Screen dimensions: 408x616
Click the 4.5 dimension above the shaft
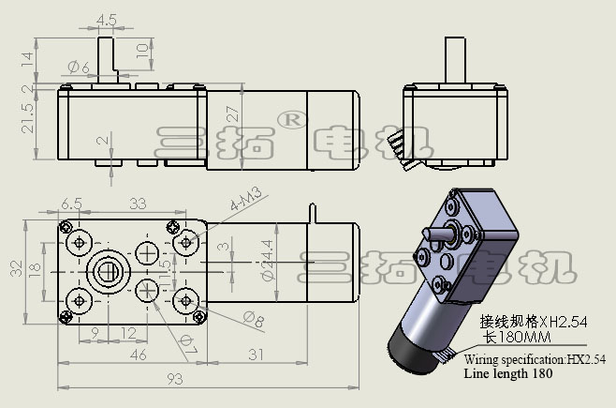(106, 19)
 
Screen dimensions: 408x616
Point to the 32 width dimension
(16, 269)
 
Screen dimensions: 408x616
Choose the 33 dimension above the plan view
(137, 203)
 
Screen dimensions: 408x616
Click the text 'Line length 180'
(507, 373)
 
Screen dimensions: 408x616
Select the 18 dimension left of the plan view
(35, 270)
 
